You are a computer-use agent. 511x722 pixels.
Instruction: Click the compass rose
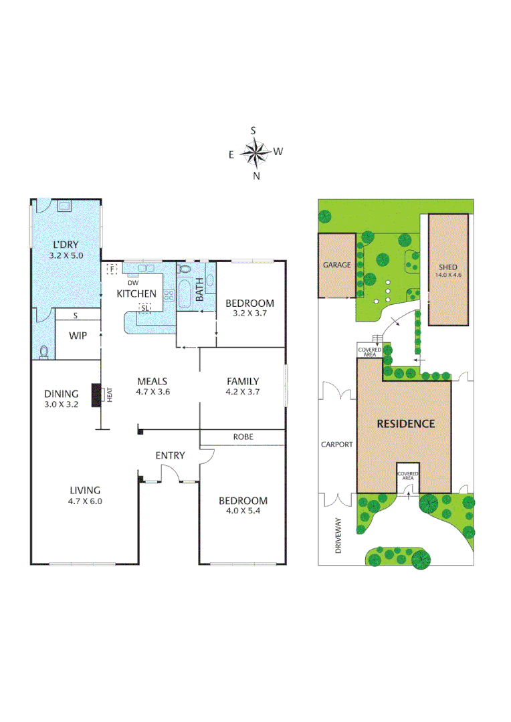click(x=255, y=153)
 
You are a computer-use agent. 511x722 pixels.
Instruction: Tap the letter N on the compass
click(x=255, y=176)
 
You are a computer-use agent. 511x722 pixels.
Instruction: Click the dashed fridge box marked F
click(x=112, y=269)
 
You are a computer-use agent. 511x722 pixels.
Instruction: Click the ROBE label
click(x=243, y=437)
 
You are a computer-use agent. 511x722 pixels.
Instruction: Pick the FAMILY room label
click(x=243, y=382)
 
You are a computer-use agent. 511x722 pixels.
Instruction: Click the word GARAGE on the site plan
click(x=336, y=265)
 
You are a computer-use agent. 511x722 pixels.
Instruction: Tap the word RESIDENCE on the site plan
click(x=405, y=423)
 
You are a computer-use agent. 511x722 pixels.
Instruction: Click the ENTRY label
click(x=170, y=455)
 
